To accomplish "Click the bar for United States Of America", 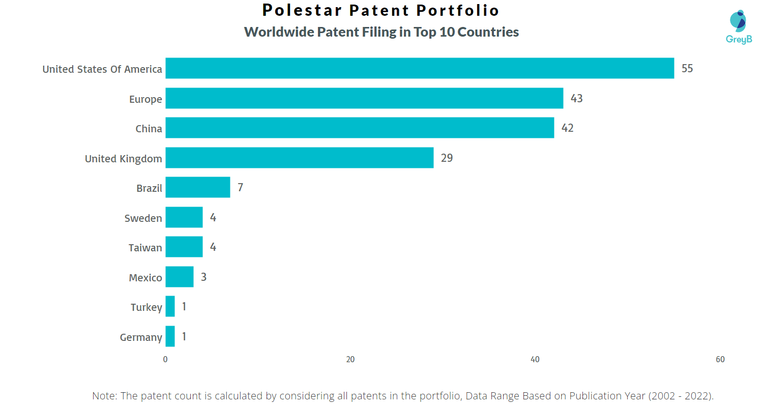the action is coord(420,68).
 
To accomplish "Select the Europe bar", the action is coord(365,98).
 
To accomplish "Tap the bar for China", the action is coord(360,128).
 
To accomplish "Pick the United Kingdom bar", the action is coord(300,158).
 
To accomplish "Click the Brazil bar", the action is coord(198,187).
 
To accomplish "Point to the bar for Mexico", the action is coord(180,277).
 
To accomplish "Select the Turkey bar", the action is coord(170,307).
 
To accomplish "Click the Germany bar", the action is coord(170,336).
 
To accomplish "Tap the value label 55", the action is coord(687,69).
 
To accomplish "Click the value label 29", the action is coord(447,158).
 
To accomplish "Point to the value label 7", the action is coord(240,188).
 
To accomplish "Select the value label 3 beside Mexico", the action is coord(203,277).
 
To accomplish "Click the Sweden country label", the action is coord(143,218).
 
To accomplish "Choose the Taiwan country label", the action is coord(145,248).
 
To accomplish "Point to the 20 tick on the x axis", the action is coord(350,359).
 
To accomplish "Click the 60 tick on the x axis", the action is coord(720,359).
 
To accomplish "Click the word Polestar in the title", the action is coord(302,10).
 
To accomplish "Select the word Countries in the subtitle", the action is coord(488,32).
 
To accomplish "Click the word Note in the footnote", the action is coord(104,396).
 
